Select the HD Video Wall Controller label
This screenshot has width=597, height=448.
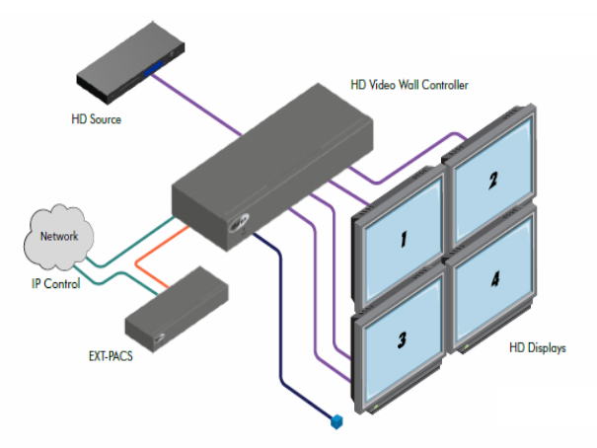[410, 85]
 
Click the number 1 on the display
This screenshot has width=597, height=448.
[403, 241]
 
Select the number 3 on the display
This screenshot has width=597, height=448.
[403, 340]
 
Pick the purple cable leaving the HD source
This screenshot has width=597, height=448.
[207, 104]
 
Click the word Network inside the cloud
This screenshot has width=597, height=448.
[58, 236]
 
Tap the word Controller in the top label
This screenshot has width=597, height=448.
[441, 85]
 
